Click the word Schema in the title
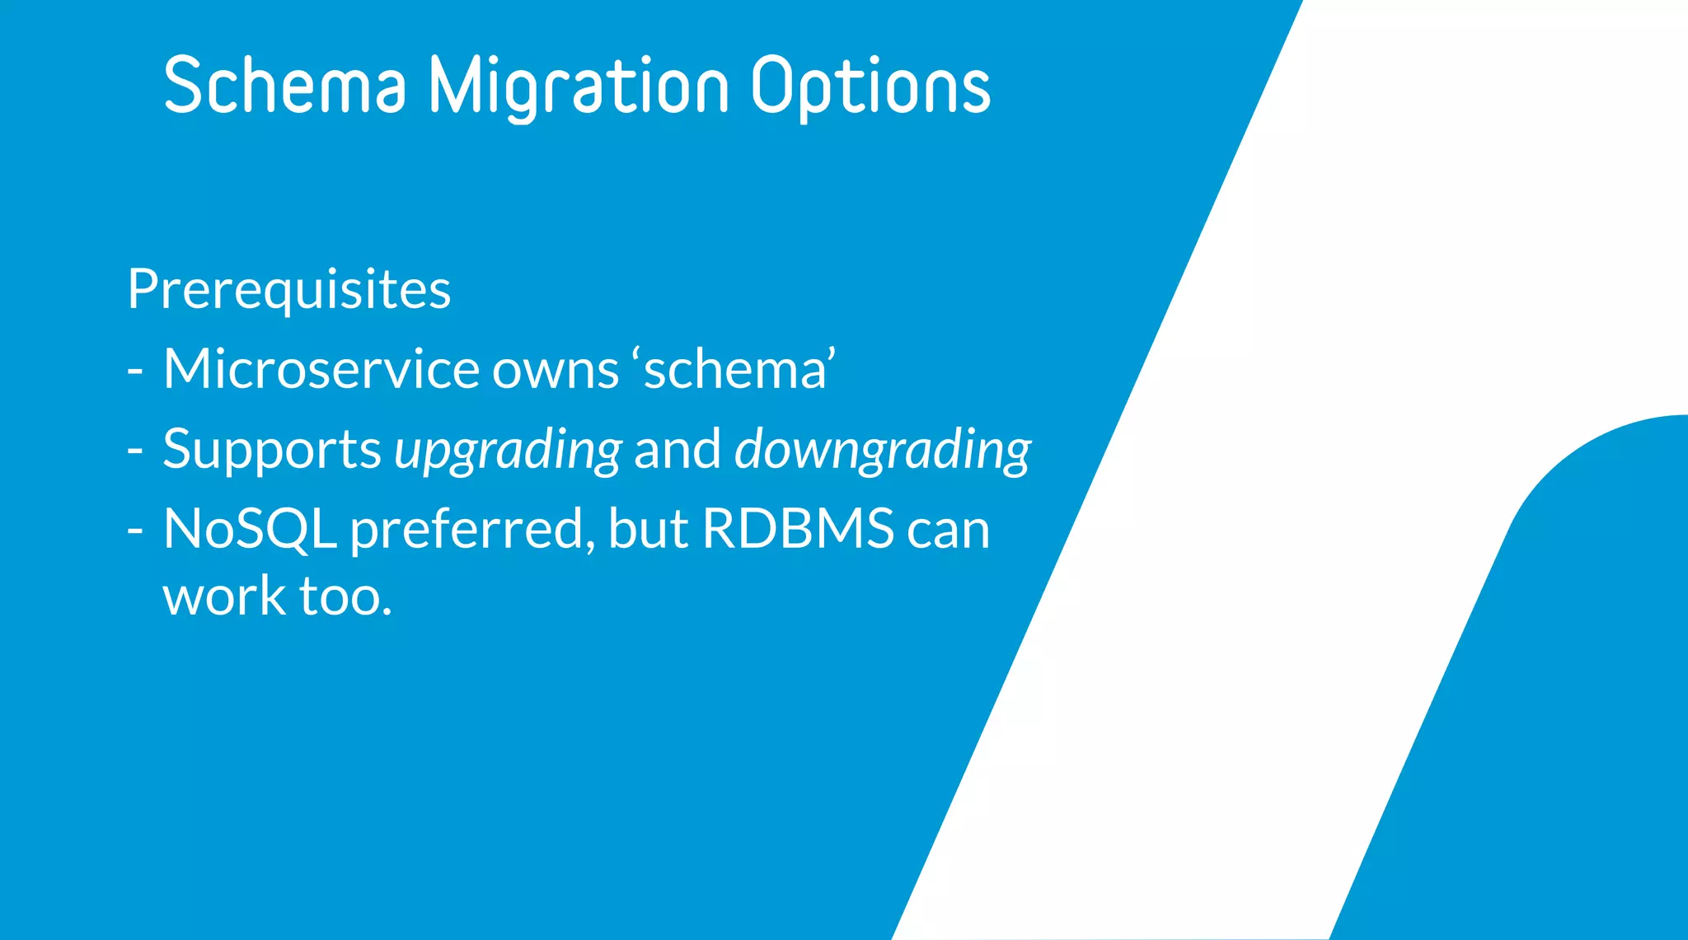click(284, 86)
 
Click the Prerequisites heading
click(289, 290)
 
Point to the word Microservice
click(321, 368)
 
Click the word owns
click(555, 370)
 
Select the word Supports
click(271, 451)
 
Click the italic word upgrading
click(508, 451)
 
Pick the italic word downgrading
click(882, 451)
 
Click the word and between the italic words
click(677, 449)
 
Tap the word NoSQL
click(250, 528)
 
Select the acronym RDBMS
click(798, 528)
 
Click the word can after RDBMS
click(948, 530)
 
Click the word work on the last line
click(223, 596)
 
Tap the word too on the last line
click(345, 596)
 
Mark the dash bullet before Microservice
click(135, 372)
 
